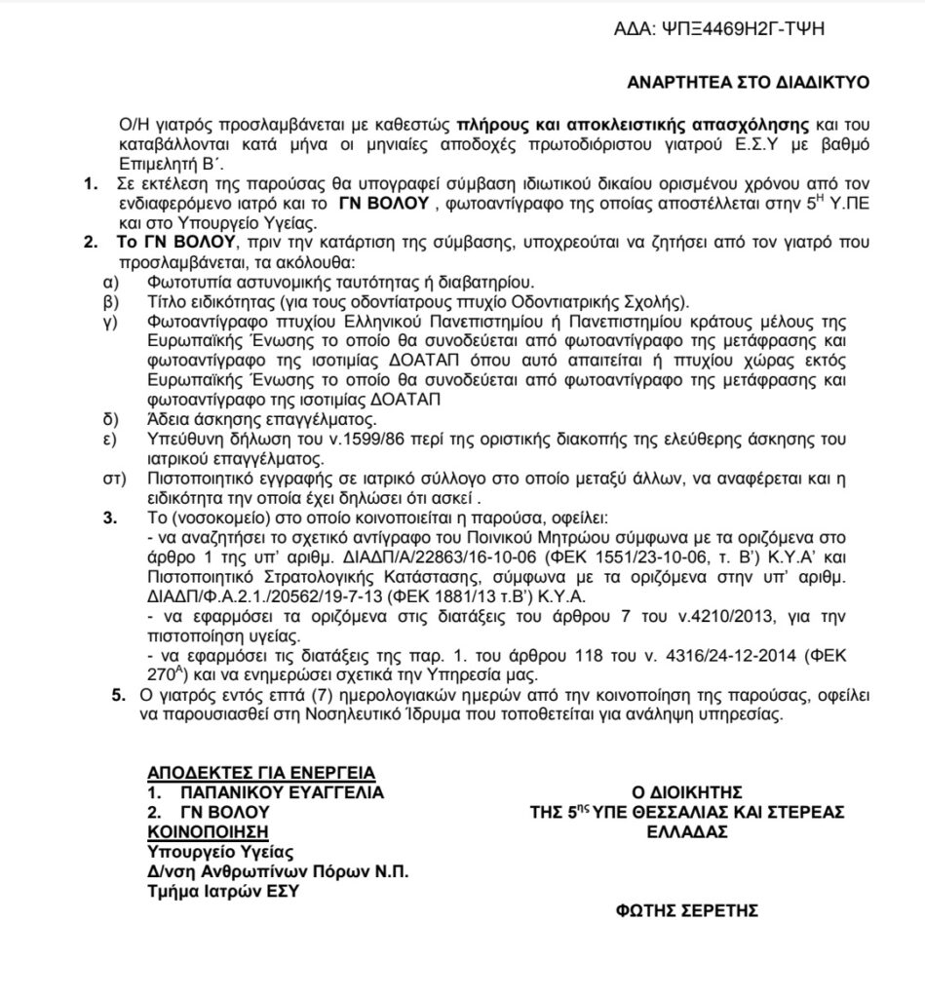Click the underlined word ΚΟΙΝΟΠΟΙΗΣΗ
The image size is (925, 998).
point(207,831)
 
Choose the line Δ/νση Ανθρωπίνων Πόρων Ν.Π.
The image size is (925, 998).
point(277,871)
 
